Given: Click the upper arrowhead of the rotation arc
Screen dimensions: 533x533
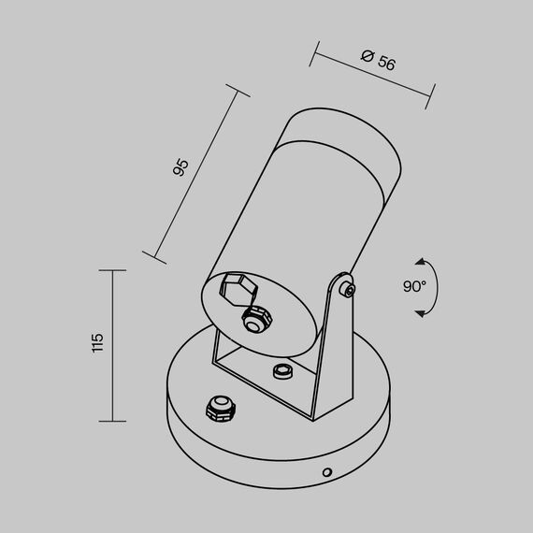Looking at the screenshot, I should pos(421,262).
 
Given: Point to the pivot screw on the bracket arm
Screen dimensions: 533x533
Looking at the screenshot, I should pos(348,288).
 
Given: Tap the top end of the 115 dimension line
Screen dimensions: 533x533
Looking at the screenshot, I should pos(113,270).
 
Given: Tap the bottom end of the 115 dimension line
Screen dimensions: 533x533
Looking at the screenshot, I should pos(113,421).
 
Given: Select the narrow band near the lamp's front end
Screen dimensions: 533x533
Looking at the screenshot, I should pos(345,137).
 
